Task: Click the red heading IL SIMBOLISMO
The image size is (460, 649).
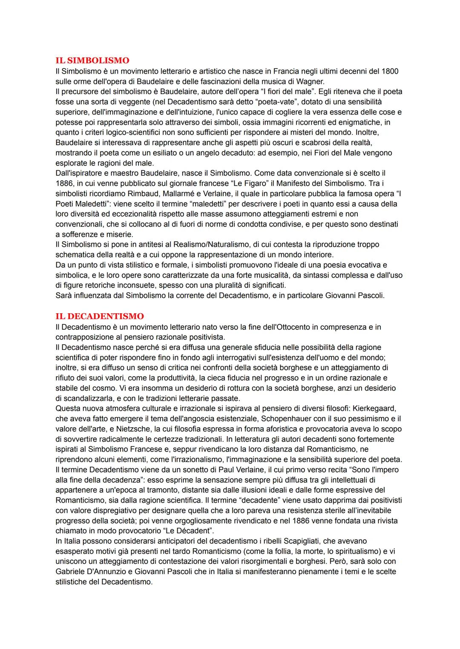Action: [92, 60]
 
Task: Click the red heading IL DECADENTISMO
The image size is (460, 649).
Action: [100, 316]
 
